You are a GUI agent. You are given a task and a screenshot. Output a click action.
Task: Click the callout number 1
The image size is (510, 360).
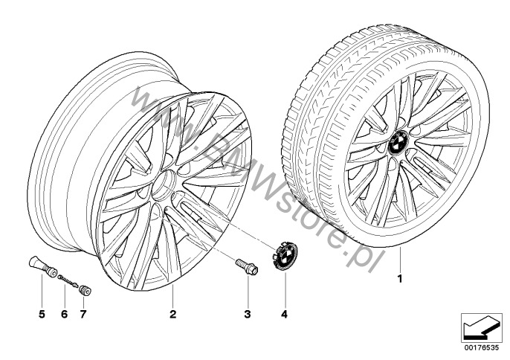(400, 279)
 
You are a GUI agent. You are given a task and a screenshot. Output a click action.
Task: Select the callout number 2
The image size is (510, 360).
(172, 314)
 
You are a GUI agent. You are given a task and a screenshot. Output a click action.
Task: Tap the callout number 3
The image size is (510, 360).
(248, 314)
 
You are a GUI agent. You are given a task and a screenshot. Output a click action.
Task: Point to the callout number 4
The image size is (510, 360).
(285, 314)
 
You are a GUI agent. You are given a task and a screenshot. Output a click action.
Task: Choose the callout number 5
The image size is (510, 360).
(42, 314)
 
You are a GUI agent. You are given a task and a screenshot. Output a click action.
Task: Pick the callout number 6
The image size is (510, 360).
(64, 314)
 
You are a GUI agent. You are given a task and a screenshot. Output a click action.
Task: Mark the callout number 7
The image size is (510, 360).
(83, 314)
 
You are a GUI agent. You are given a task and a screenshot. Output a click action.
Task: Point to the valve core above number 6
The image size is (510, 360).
(68, 281)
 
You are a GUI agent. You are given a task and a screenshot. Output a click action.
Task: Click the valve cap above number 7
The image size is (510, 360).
(85, 291)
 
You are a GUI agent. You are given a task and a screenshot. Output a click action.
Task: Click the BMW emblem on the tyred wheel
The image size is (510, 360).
(398, 144)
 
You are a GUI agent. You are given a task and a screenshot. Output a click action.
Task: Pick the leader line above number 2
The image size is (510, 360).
(172, 296)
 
